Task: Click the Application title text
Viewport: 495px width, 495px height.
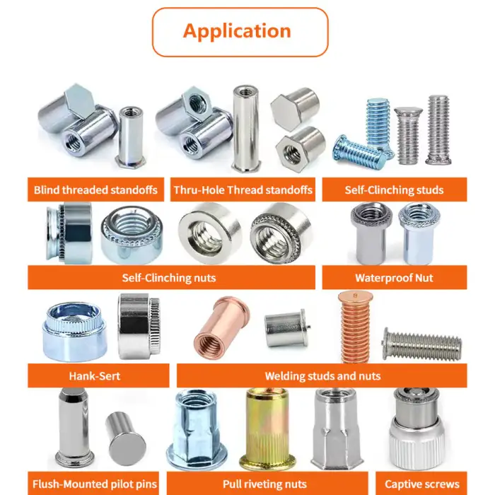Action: [x=237, y=31]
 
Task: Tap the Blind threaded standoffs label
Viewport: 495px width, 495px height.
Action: [x=95, y=190]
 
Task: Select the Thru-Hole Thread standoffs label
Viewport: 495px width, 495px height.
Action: [x=243, y=190]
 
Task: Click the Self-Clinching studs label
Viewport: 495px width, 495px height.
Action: [x=394, y=190]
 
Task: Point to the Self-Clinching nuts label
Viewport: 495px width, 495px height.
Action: [x=169, y=278]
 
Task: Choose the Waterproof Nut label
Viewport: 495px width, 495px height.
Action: [x=394, y=278]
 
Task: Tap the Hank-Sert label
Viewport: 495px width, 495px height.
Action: [x=94, y=376]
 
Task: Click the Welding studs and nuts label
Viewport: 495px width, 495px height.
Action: [x=322, y=376]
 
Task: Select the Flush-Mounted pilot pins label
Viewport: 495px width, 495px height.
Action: [x=95, y=484]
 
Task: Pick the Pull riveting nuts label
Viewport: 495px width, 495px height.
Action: [x=264, y=484]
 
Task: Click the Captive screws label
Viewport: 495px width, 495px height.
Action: [x=421, y=484]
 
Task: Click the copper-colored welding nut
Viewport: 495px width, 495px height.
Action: [x=222, y=327]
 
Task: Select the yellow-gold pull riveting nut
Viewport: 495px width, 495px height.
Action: [x=268, y=429]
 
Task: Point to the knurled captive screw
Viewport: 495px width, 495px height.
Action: [x=417, y=428]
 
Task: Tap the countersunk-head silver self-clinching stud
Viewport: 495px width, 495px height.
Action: [x=408, y=136]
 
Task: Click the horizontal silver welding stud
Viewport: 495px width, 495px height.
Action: [x=422, y=344]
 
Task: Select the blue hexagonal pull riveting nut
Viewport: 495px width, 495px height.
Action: [x=197, y=429]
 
